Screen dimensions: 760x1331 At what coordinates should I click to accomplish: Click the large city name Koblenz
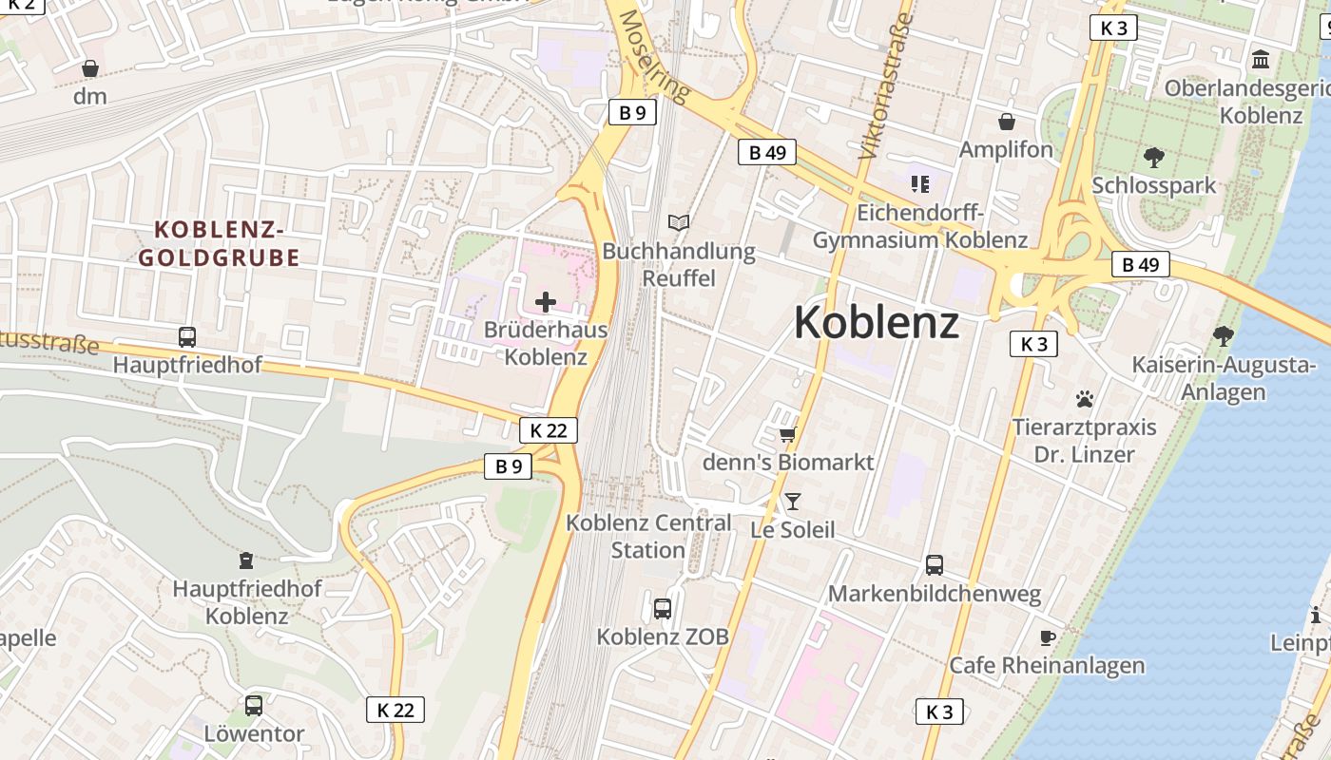click(876, 322)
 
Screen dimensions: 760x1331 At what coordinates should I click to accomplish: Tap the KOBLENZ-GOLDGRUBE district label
click(220, 243)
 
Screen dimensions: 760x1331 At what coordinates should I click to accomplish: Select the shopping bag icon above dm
click(90, 68)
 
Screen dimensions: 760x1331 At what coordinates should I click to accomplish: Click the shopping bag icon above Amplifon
click(1006, 122)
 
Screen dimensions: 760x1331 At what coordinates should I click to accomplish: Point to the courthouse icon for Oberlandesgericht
click(1261, 60)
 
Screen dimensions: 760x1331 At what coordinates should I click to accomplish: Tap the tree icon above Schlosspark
click(1154, 157)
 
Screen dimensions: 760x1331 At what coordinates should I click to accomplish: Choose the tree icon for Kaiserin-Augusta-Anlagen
click(1224, 335)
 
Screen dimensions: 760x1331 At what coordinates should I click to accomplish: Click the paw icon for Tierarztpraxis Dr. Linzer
click(1085, 399)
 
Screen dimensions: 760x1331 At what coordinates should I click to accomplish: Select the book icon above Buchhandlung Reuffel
click(678, 223)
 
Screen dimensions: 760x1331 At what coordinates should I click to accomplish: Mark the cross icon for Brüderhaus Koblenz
click(546, 302)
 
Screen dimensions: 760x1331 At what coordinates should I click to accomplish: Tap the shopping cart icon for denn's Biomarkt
click(787, 434)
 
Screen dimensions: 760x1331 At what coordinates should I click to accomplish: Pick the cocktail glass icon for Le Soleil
click(793, 501)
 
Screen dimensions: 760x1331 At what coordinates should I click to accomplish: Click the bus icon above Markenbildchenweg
click(935, 565)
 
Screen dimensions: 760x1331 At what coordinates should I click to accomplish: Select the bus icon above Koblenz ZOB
click(663, 609)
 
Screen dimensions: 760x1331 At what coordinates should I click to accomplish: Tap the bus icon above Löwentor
click(254, 706)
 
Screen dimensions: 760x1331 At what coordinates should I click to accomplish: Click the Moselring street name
click(653, 57)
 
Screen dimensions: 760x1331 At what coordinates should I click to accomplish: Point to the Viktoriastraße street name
click(885, 85)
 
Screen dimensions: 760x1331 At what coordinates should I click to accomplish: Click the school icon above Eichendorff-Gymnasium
click(918, 183)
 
